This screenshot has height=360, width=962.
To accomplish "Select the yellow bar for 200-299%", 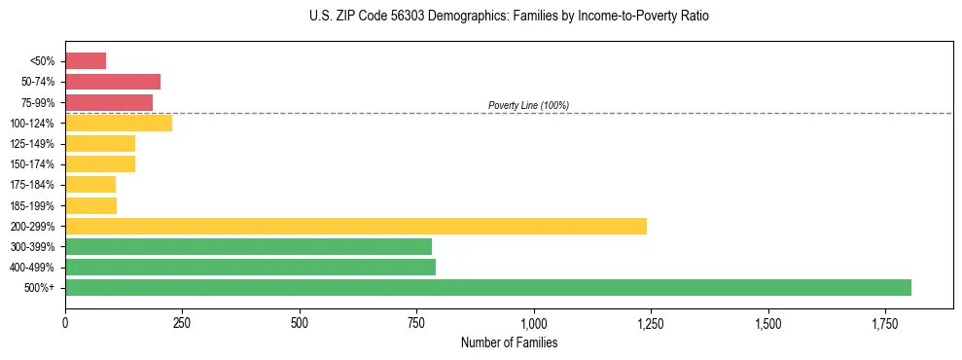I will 356,226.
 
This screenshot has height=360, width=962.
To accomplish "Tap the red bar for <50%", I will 86,61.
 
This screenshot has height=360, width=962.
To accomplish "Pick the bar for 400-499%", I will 250,267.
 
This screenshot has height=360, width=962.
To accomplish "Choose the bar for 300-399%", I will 248,246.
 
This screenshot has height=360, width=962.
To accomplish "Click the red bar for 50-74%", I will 113,82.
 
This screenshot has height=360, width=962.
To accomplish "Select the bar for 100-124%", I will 119,123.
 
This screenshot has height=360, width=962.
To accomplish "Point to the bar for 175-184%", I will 90,185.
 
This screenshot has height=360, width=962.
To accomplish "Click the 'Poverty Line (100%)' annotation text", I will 528,105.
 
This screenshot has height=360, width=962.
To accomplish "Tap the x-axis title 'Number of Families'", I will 509,342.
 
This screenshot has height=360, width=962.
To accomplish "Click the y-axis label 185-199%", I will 35,206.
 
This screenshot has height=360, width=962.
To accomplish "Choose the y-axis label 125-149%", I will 35,144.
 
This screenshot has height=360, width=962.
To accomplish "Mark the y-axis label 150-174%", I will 35,164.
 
